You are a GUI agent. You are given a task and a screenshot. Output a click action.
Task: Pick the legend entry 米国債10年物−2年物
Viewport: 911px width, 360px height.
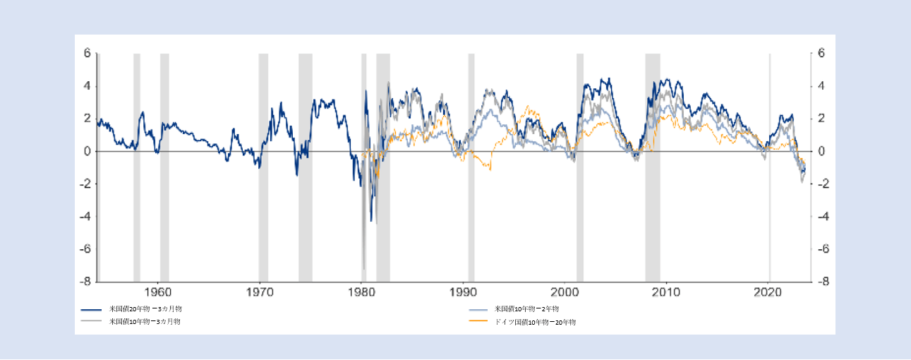tap(526, 310)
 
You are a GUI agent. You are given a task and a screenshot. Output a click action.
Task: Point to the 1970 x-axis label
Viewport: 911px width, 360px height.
tap(260, 292)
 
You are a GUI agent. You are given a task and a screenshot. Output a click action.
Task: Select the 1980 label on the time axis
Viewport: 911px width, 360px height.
tap(361, 292)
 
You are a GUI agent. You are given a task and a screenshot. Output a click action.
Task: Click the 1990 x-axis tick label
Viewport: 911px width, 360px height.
tap(463, 292)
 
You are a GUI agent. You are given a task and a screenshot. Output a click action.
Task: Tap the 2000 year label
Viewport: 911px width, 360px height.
tap(565, 292)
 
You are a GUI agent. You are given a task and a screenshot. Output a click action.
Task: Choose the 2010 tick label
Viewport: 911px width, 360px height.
tap(665, 292)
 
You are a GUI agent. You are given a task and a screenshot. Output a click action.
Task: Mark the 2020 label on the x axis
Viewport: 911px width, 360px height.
tap(767, 292)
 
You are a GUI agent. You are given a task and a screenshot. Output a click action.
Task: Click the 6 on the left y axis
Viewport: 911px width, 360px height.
tap(88, 54)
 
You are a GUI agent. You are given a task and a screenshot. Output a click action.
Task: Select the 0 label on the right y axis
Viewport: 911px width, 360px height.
tap(821, 152)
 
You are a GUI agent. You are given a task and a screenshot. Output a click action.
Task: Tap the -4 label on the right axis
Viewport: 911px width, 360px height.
tap(823, 217)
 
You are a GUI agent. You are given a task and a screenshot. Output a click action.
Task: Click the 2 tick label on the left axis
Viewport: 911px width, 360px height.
tap(88, 119)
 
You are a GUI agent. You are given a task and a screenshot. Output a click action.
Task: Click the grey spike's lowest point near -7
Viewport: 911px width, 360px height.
tap(363, 269)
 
